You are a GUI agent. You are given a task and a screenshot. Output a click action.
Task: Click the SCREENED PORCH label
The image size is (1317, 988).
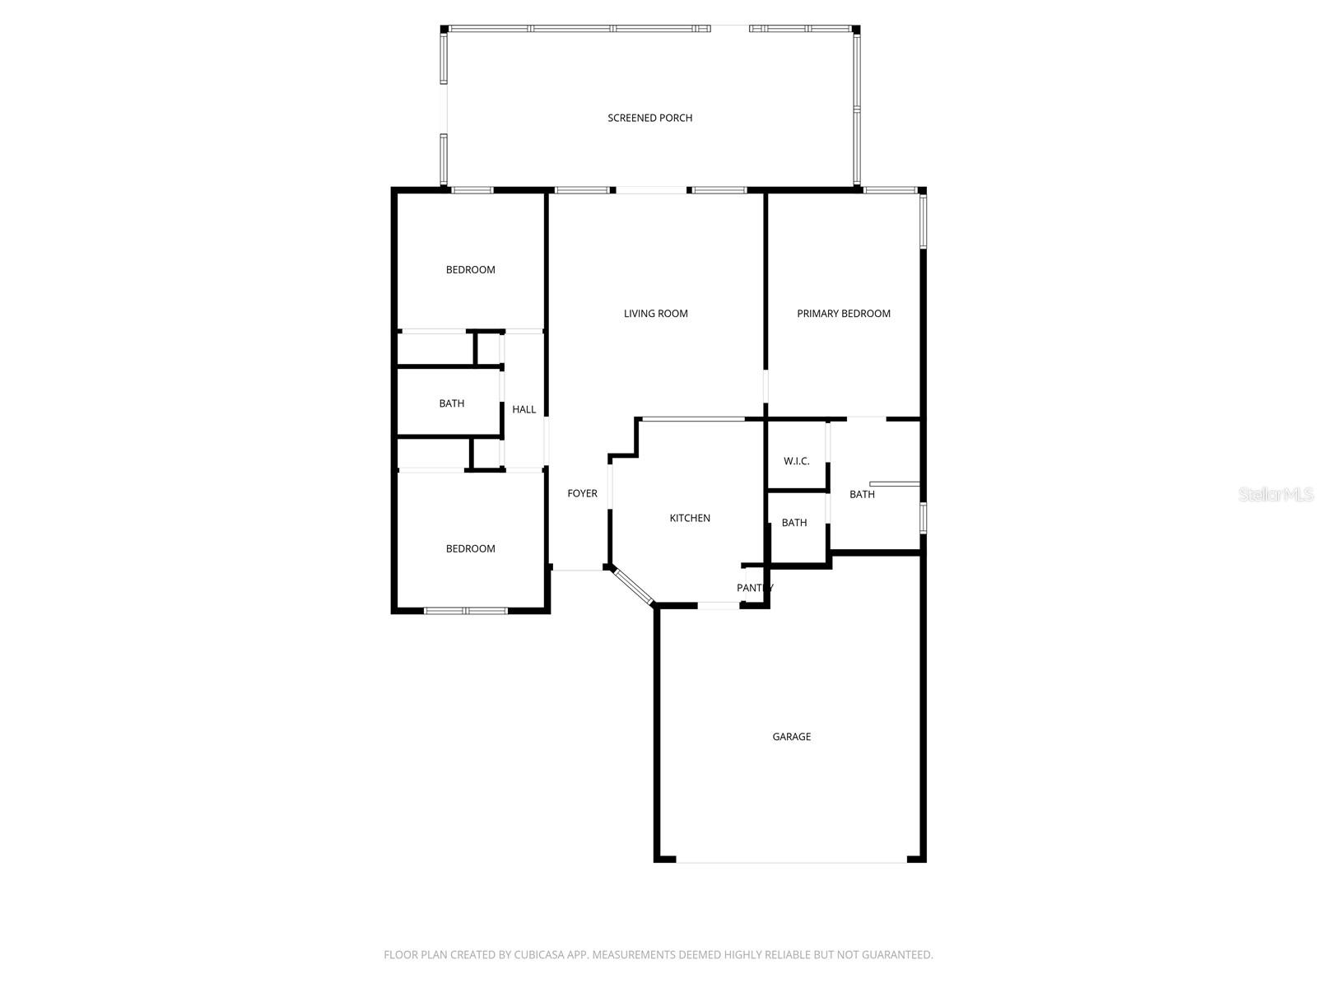coord(649,118)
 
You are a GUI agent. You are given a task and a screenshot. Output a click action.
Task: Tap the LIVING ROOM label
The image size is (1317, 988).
coord(655,313)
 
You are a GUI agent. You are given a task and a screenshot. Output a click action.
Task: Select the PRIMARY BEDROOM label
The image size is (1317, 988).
coord(843,313)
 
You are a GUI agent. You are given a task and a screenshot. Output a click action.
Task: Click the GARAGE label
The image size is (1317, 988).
coord(791,736)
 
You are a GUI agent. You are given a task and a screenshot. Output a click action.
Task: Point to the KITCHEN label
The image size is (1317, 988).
coord(689,518)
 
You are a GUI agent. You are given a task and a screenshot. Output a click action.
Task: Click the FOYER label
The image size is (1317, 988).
coord(582,493)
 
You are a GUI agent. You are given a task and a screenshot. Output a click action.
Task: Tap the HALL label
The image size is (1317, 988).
coord(524,409)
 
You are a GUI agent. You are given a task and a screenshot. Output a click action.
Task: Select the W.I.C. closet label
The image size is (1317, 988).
coord(796,461)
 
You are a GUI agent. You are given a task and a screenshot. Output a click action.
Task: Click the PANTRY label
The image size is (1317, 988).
coord(754,588)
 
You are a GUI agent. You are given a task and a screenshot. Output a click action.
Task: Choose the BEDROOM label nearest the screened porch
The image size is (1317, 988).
coord(470,269)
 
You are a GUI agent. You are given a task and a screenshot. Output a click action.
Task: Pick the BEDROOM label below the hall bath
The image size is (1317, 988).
coord(470,548)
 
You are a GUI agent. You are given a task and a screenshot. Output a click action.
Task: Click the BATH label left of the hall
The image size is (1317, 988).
coord(451,403)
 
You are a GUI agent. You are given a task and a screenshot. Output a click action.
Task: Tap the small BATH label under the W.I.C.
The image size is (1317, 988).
coord(793,523)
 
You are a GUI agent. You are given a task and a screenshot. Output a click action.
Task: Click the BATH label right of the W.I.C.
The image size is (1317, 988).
coord(862,494)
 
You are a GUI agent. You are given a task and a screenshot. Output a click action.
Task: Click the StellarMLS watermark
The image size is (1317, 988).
coord(1276,494)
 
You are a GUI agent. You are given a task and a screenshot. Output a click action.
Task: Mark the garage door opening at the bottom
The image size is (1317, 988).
coord(791,861)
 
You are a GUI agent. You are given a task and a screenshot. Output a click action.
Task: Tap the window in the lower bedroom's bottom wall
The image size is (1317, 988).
coord(465,611)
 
